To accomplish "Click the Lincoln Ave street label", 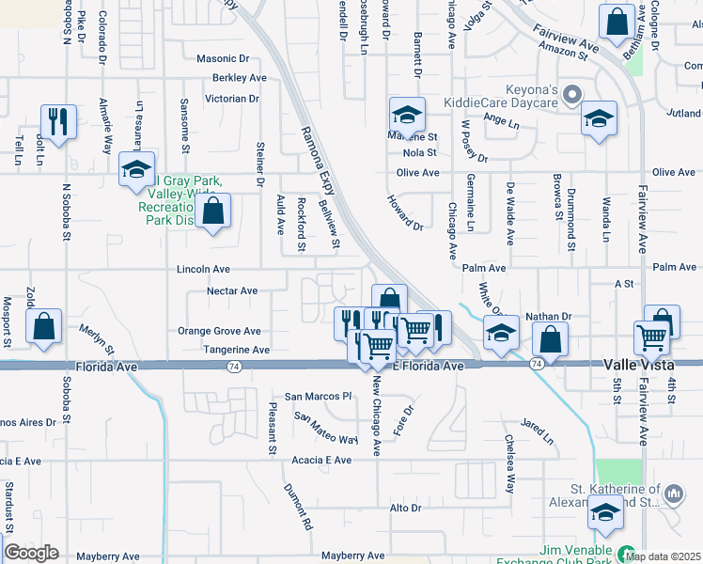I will pos(203,269).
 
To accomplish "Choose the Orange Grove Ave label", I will pos(220,331).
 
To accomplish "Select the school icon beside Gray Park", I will pos(136,171).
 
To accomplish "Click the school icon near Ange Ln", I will pos(599,119).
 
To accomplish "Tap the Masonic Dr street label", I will pos(223,58).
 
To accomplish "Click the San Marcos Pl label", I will pos(318,396).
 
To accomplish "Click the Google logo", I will pos(31,553).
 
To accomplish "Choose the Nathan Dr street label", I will pos(548,317).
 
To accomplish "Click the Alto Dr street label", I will pos(405,508).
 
